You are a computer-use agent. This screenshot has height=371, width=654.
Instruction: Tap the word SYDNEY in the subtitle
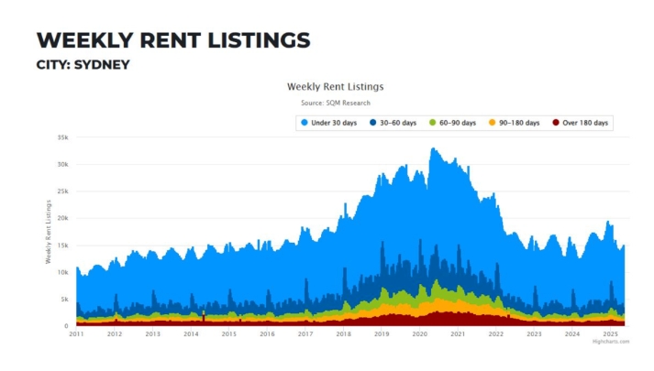click(102, 65)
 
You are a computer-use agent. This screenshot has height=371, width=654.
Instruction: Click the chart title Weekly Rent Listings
click(335, 87)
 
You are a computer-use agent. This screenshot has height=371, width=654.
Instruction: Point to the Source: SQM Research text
click(335, 104)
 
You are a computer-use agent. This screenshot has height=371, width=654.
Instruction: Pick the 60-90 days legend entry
click(453, 123)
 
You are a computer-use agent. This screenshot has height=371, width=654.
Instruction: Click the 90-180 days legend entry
click(515, 123)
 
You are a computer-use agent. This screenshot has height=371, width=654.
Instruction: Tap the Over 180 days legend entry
click(581, 123)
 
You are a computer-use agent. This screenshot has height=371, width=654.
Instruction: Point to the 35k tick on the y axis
click(62, 137)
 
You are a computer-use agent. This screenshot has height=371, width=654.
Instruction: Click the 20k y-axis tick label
click(62, 218)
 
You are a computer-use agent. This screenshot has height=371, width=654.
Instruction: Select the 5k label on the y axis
click(64, 300)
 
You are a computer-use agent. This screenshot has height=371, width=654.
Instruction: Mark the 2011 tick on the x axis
click(76, 334)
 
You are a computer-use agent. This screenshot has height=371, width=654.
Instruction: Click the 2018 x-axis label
click(343, 334)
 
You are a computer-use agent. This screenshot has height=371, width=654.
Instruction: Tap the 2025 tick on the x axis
click(610, 334)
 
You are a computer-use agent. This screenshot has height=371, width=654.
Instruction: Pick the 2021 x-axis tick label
click(458, 334)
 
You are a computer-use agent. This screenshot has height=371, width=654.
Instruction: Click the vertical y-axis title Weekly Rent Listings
click(49, 232)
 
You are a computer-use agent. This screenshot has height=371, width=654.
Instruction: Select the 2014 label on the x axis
click(191, 334)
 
